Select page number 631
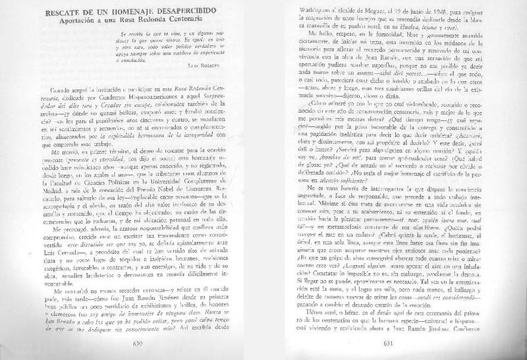[389, 344]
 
